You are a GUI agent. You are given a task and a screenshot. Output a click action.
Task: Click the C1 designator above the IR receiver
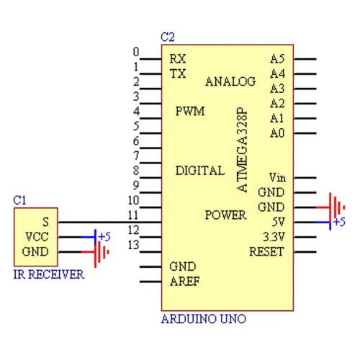[x=19, y=200]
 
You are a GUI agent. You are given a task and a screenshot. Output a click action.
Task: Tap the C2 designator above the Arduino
[x=168, y=37]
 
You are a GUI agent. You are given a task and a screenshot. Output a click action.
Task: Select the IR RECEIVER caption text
[x=49, y=274]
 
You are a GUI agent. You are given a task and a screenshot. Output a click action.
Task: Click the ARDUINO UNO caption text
[x=204, y=319]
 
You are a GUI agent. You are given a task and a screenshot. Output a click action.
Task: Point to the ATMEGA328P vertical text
[x=242, y=150]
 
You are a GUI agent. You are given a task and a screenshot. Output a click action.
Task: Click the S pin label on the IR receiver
[x=45, y=222]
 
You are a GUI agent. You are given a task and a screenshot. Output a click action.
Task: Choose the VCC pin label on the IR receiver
[x=37, y=237]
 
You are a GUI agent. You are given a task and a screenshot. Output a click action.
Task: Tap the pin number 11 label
[x=133, y=215]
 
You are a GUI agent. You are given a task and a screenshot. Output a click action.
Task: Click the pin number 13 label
[x=133, y=245]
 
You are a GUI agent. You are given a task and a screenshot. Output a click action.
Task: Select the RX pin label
[x=178, y=59]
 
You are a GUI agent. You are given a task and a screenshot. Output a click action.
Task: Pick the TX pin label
[x=178, y=73]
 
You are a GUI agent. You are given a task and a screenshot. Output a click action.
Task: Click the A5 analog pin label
[x=277, y=59]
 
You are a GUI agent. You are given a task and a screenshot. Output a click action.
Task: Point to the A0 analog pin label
[x=277, y=133]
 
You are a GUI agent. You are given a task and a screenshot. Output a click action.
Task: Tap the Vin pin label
[x=277, y=178]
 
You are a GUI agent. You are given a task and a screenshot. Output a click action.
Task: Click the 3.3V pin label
[x=274, y=237]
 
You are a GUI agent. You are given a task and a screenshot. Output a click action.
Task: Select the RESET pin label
[x=266, y=252]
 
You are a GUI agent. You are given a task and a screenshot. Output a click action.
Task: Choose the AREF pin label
[x=185, y=282]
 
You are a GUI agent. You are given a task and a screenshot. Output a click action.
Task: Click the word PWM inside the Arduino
[x=190, y=111]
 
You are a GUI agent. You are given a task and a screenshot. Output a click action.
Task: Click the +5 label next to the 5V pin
[x=339, y=222]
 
